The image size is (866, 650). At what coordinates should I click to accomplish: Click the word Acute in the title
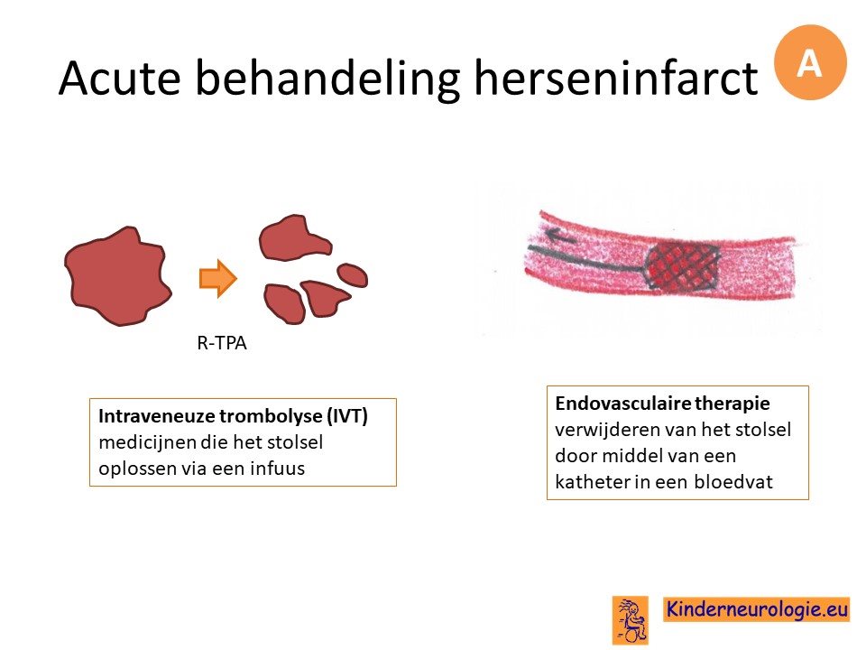click(x=120, y=78)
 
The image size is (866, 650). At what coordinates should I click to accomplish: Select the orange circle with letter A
click(x=810, y=62)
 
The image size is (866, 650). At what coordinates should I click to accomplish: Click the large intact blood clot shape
click(x=118, y=276)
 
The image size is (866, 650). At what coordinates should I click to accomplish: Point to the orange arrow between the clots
click(x=218, y=278)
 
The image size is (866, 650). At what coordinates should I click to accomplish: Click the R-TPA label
click(x=222, y=343)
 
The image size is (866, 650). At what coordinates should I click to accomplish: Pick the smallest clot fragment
click(x=353, y=274)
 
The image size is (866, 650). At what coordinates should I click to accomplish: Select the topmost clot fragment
click(x=295, y=237)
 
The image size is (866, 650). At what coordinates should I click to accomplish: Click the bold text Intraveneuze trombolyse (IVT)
click(x=233, y=415)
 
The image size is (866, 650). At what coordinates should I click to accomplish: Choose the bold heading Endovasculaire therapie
click(x=662, y=403)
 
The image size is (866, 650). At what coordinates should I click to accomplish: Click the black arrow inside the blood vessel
click(x=559, y=237)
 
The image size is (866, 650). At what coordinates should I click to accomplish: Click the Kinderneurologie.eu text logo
click(x=757, y=609)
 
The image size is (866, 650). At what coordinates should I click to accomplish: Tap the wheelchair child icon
click(x=631, y=620)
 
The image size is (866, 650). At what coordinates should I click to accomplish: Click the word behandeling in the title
click(x=327, y=79)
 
